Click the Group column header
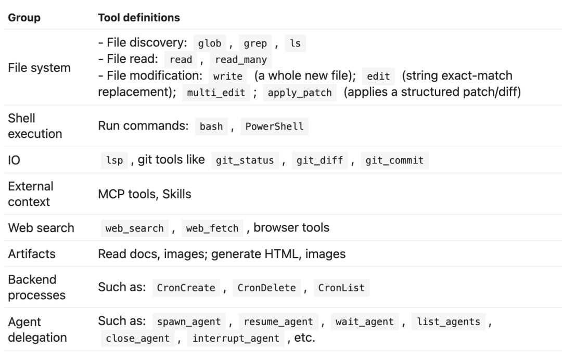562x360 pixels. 24,18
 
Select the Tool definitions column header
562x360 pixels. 139,18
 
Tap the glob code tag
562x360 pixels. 210,43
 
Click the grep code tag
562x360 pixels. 255,43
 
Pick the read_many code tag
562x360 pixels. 241,59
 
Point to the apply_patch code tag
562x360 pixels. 300,93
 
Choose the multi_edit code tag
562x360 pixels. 216,93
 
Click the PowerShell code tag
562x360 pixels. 274,126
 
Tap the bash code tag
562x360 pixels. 211,126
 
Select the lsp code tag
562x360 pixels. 114,160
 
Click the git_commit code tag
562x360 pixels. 394,160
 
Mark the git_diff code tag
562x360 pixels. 320,160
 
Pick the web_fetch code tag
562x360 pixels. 212,228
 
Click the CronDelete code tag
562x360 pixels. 266,288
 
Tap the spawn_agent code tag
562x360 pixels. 189,322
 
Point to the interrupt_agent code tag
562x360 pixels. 236,338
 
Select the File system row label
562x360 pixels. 40,68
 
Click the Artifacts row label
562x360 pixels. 32,253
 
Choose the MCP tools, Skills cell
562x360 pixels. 145,194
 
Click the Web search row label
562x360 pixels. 41,228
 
